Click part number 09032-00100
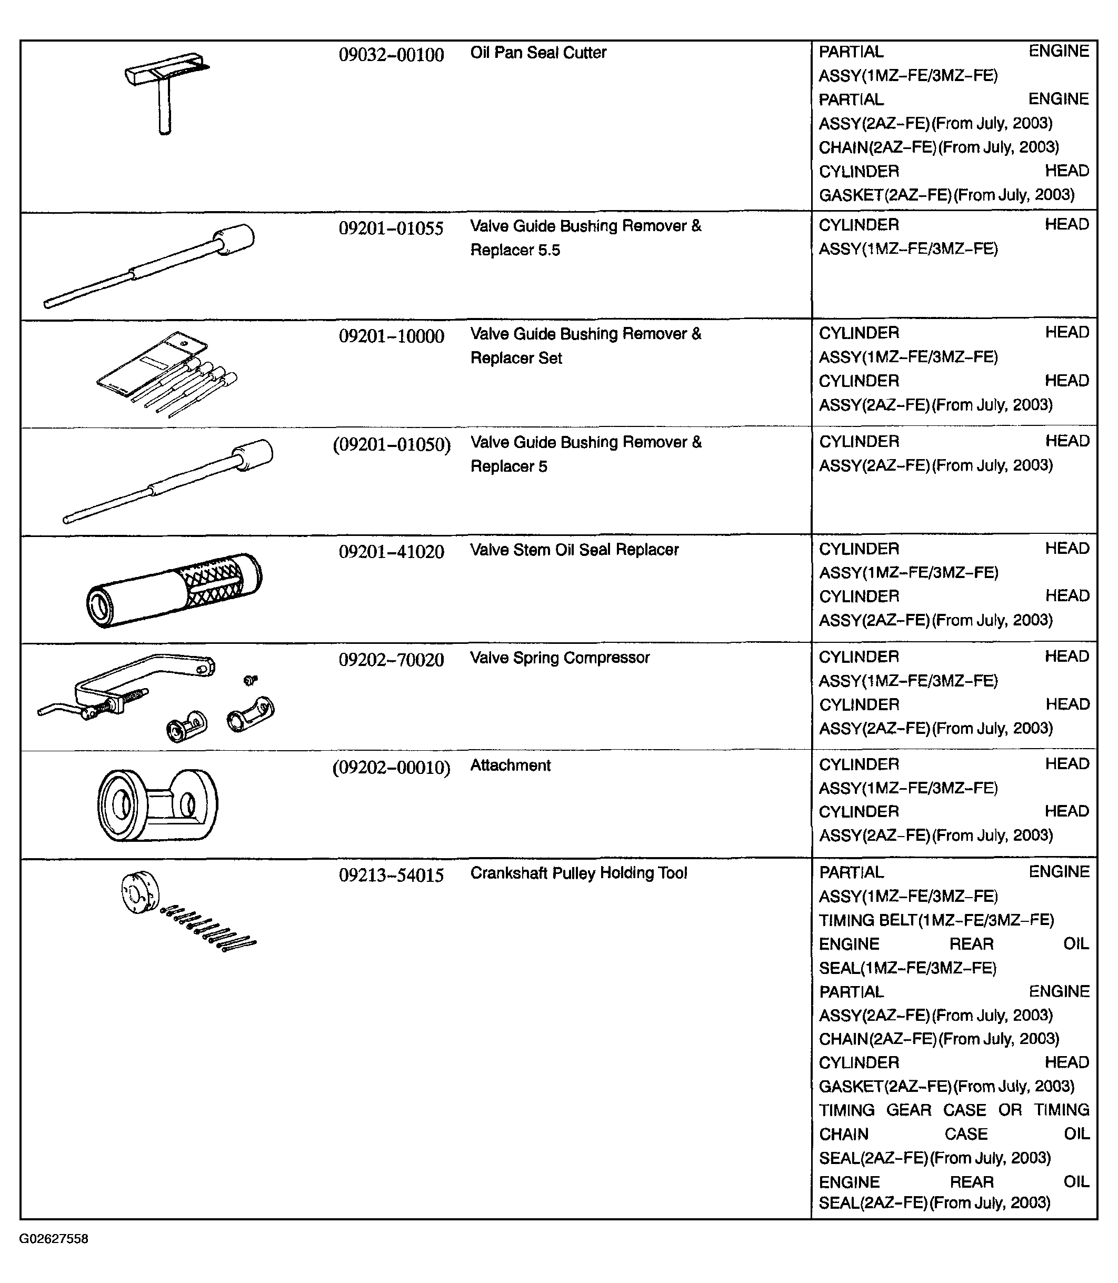[x=391, y=55]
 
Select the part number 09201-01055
[x=391, y=228]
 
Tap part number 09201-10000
[x=391, y=336]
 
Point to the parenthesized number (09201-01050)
[x=391, y=445]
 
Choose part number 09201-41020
[x=391, y=552]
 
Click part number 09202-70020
[x=391, y=660]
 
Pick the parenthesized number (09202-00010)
[x=391, y=768]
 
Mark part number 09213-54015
[x=391, y=876]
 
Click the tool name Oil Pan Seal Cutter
[x=538, y=53]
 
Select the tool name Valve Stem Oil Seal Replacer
[x=574, y=550]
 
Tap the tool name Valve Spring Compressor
[x=560, y=658]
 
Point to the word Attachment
[x=511, y=765]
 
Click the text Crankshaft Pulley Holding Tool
[x=578, y=873]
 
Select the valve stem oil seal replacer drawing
[x=174, y=590]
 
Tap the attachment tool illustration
[x=158, y=805]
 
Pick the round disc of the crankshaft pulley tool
[x=140, y=892]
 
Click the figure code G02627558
[x=54, y=1239]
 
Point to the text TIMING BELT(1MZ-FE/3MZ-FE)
[x=936, y=920]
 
